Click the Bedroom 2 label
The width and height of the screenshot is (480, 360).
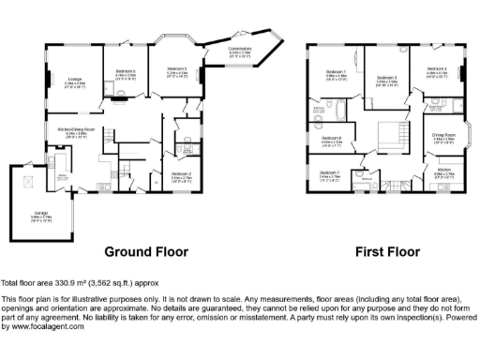182,174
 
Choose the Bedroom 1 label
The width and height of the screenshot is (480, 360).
336,74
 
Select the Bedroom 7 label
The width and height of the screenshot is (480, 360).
329,174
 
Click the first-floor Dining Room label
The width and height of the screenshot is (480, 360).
443,139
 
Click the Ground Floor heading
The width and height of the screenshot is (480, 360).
145,251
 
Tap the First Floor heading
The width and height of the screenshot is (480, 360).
386,251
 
